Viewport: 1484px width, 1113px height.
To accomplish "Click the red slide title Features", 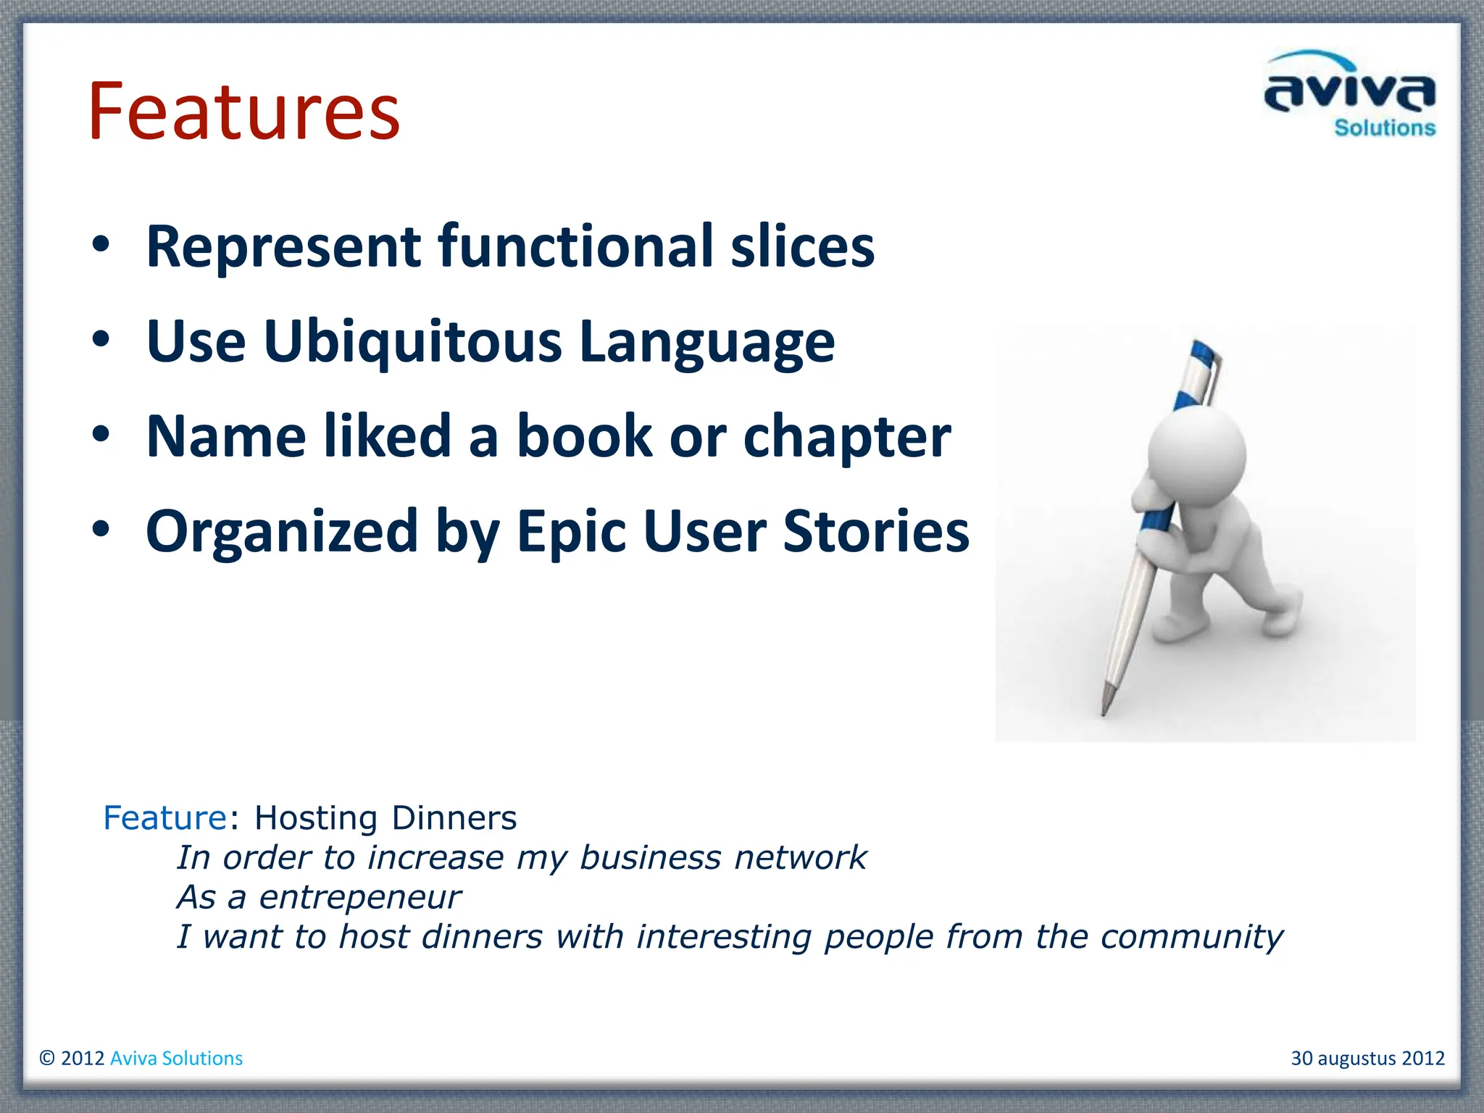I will click(243, 112).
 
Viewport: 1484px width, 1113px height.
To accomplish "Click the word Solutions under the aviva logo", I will click(1385, 128).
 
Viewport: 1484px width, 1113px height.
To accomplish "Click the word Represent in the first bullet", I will click(283, 247).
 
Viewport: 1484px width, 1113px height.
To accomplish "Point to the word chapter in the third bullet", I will click(846, 438).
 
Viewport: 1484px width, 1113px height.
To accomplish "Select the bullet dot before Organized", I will click(101, 529).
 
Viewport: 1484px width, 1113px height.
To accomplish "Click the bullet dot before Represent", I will click(101, 244).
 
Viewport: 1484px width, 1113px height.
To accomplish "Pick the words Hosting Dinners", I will click(385, 818).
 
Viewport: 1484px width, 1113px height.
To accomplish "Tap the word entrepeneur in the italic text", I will click(359, 898).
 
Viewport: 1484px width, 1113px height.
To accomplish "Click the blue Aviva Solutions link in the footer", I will click(176, 1059).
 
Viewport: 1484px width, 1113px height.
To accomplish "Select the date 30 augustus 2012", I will click(1367, 1059).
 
